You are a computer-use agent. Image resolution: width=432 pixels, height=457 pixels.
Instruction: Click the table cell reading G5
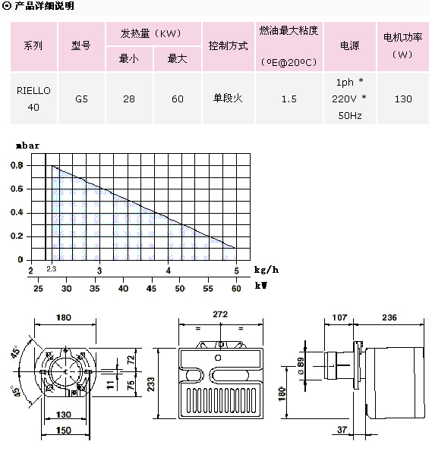[x=81, y=99]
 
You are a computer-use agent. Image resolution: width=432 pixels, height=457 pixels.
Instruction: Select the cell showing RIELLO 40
[x=33, y=99]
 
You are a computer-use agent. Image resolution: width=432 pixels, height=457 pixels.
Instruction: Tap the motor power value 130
[x=403, y=99]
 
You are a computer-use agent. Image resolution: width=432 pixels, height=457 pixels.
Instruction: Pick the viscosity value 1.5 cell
[x=289, y=99]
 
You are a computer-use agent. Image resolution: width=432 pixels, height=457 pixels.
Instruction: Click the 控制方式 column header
[x=229, y=46]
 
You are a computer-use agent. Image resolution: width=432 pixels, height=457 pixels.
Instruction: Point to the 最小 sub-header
[x=129, y=59]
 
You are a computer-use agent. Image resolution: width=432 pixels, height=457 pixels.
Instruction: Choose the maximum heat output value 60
[x=178, y=99]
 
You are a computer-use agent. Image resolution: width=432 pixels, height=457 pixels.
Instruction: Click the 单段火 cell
[x=229, y=99]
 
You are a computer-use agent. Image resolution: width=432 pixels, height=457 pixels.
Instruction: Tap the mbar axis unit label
[x=27, y=146]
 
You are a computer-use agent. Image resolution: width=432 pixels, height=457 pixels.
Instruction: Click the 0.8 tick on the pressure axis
[x=17, y=165]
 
